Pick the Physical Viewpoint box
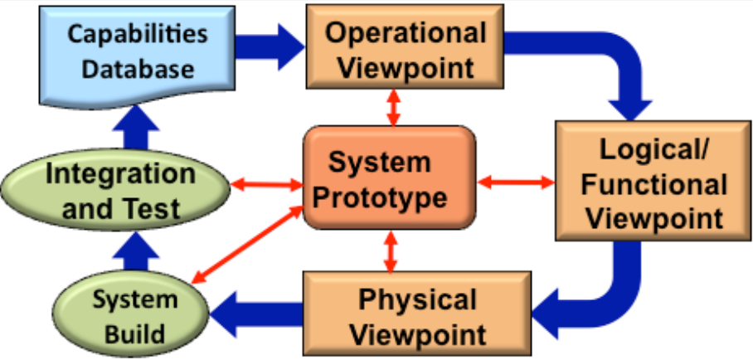[418, 315]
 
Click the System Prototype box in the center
[388, 178]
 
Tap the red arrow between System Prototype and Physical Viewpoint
[390, 251]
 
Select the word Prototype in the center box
[388, 198]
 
